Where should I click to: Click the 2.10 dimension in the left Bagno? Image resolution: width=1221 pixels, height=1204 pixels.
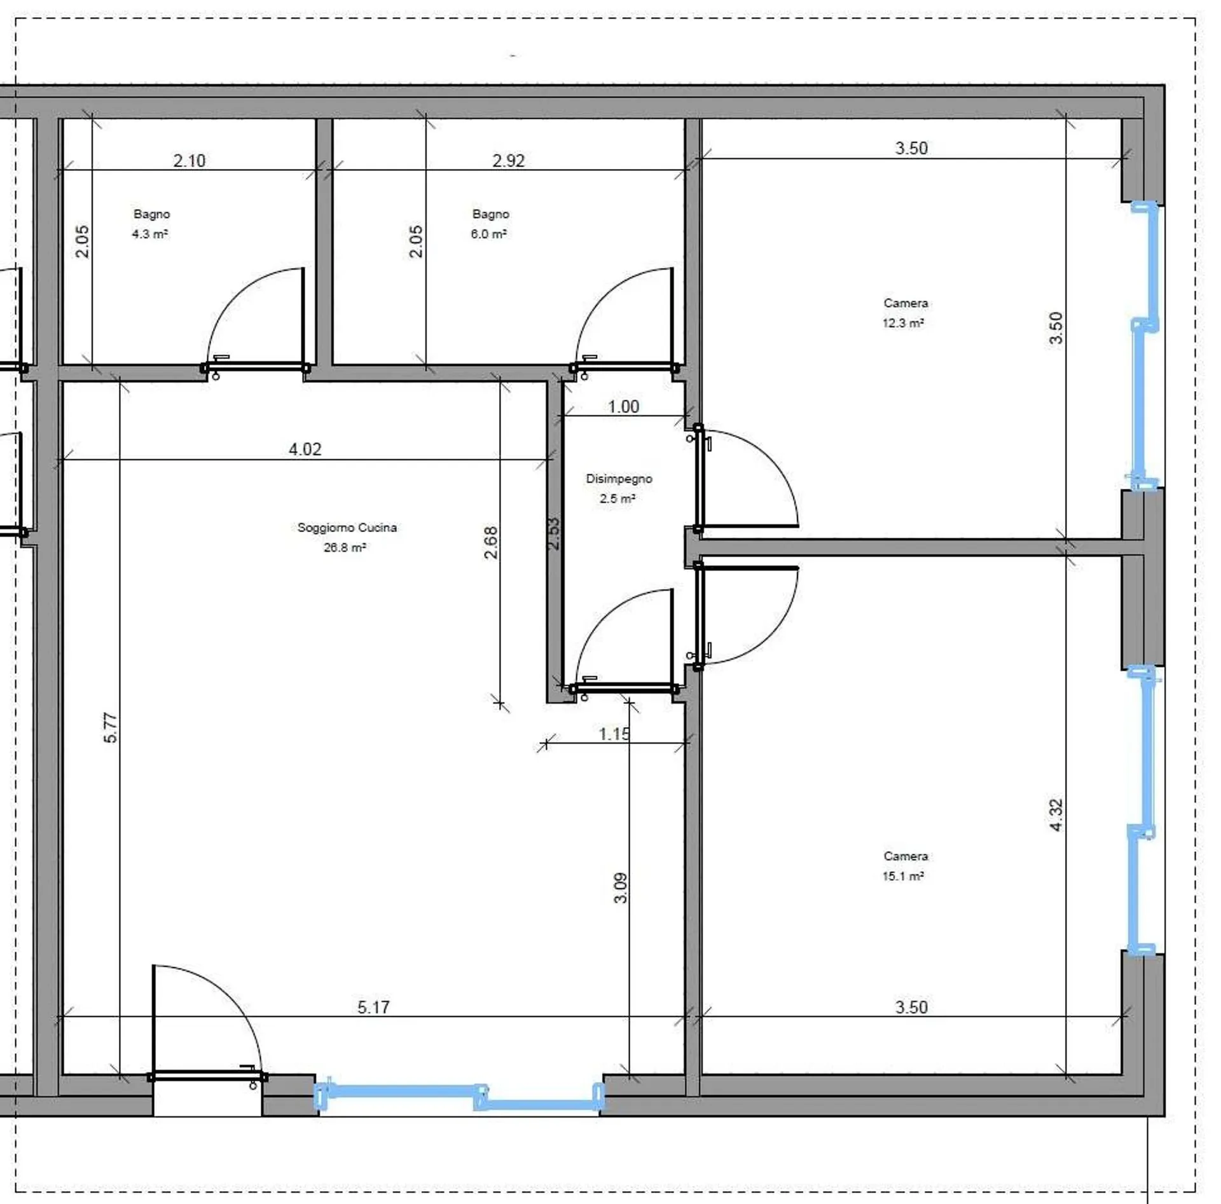click(190, 161)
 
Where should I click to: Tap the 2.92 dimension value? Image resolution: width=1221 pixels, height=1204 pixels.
click(508, 161)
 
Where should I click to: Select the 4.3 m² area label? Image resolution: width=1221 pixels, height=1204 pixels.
click(150, 234)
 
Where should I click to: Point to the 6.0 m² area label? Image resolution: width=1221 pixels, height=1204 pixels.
click(488, 234)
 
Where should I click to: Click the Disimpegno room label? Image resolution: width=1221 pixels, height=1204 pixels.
click(619, 479)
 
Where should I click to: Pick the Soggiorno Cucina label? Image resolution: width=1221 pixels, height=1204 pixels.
click(347, 528)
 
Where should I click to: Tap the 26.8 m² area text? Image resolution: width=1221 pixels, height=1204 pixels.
click(345, 547)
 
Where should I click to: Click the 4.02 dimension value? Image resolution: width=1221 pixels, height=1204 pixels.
click(305, 449)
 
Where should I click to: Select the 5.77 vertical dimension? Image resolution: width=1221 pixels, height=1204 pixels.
click(111, 728)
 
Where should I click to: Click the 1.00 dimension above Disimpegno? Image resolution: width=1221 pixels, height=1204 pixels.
click(623, 407)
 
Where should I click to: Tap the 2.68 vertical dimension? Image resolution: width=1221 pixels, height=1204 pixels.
click(490, 542)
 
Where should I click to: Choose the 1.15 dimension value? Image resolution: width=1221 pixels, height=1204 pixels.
click(614, 734)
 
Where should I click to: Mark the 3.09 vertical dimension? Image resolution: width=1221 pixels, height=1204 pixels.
click(621, 888)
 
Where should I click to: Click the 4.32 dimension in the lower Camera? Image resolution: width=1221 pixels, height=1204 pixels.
click(1056, 816)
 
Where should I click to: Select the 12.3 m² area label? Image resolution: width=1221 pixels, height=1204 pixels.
click(903, 323)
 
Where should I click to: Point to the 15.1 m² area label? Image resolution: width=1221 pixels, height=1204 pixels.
click(903, 876)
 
